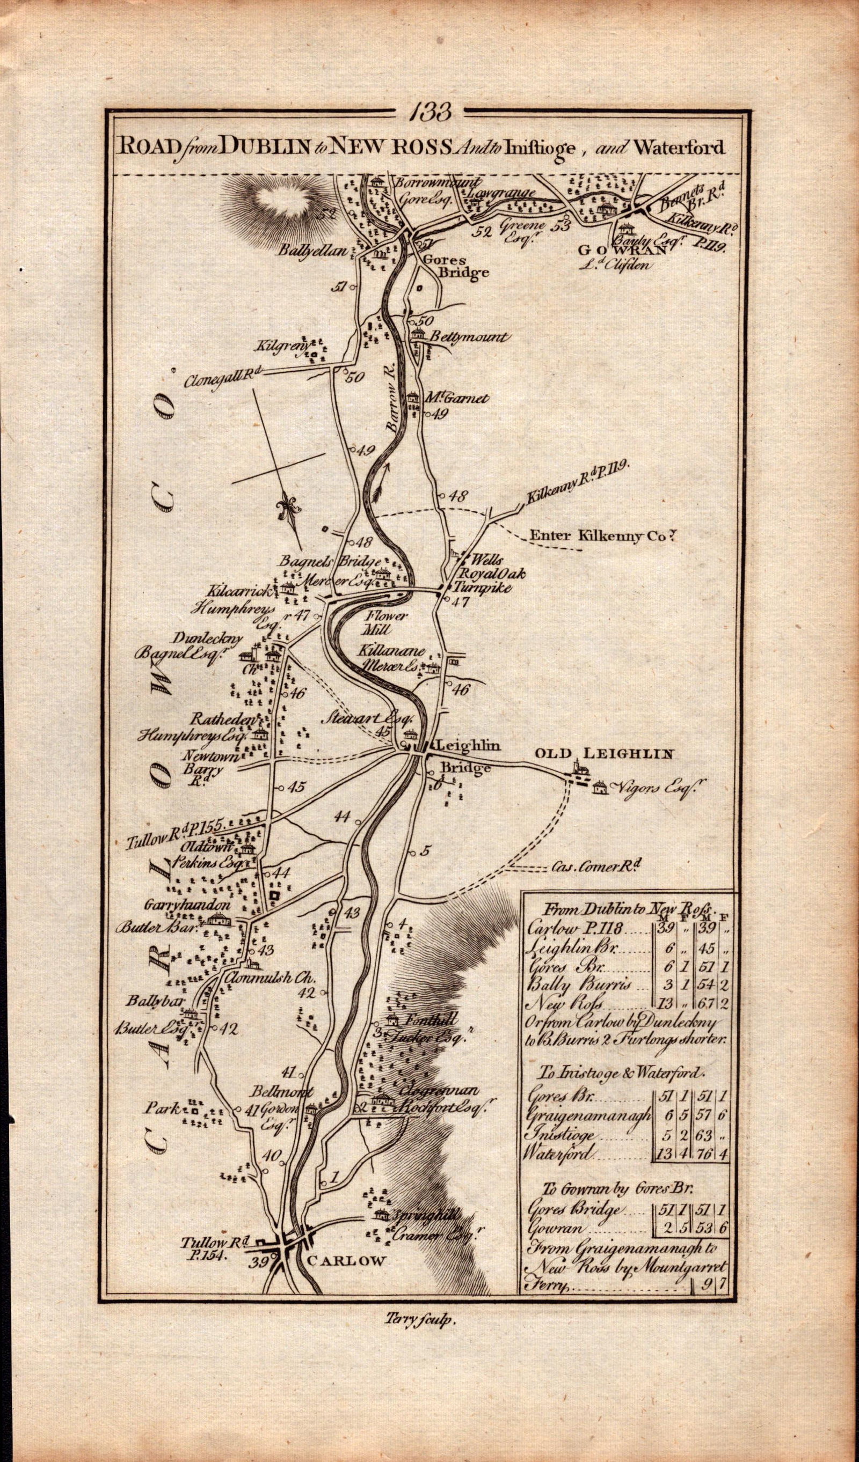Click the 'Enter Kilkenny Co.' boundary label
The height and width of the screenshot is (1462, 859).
(603, 537)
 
